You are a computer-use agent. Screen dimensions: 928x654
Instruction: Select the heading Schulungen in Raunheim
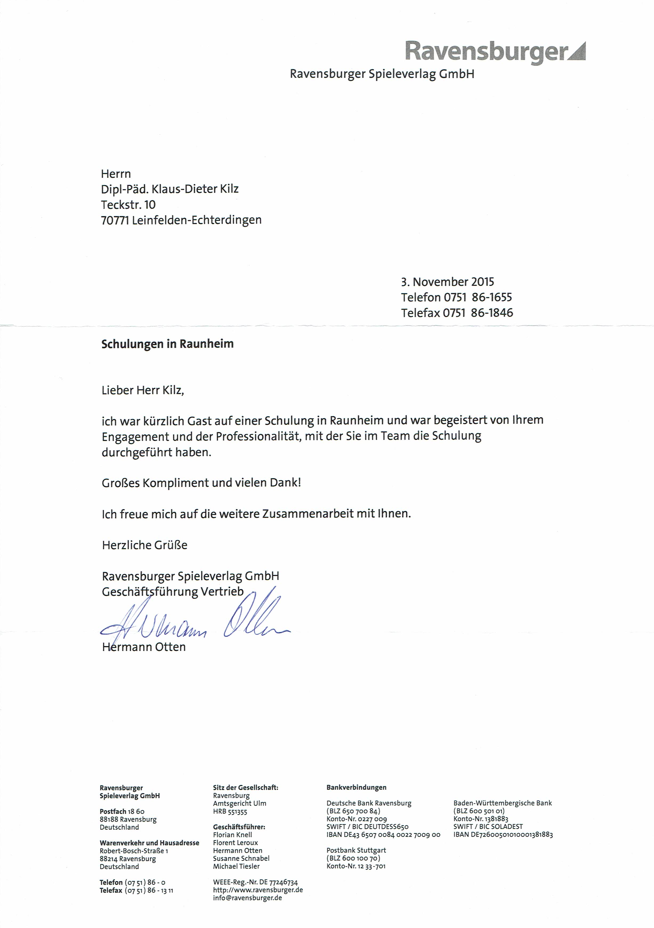tap(167, 344)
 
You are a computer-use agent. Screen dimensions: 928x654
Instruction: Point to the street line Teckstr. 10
tap(128, 205)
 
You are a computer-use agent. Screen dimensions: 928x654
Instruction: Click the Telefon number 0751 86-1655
tap(478, 298)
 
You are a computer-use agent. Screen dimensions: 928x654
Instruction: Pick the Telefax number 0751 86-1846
tap(478, 313)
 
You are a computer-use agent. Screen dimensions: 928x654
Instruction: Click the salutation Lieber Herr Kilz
tap(143, 390)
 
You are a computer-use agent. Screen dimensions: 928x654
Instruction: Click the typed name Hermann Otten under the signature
tap(144, 647)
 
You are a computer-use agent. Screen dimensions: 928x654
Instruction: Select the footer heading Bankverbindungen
tap(356, 787)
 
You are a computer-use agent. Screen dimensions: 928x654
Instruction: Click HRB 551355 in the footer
tap(230, 811)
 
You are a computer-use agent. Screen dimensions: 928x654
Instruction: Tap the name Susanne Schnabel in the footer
tap(241, 858)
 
